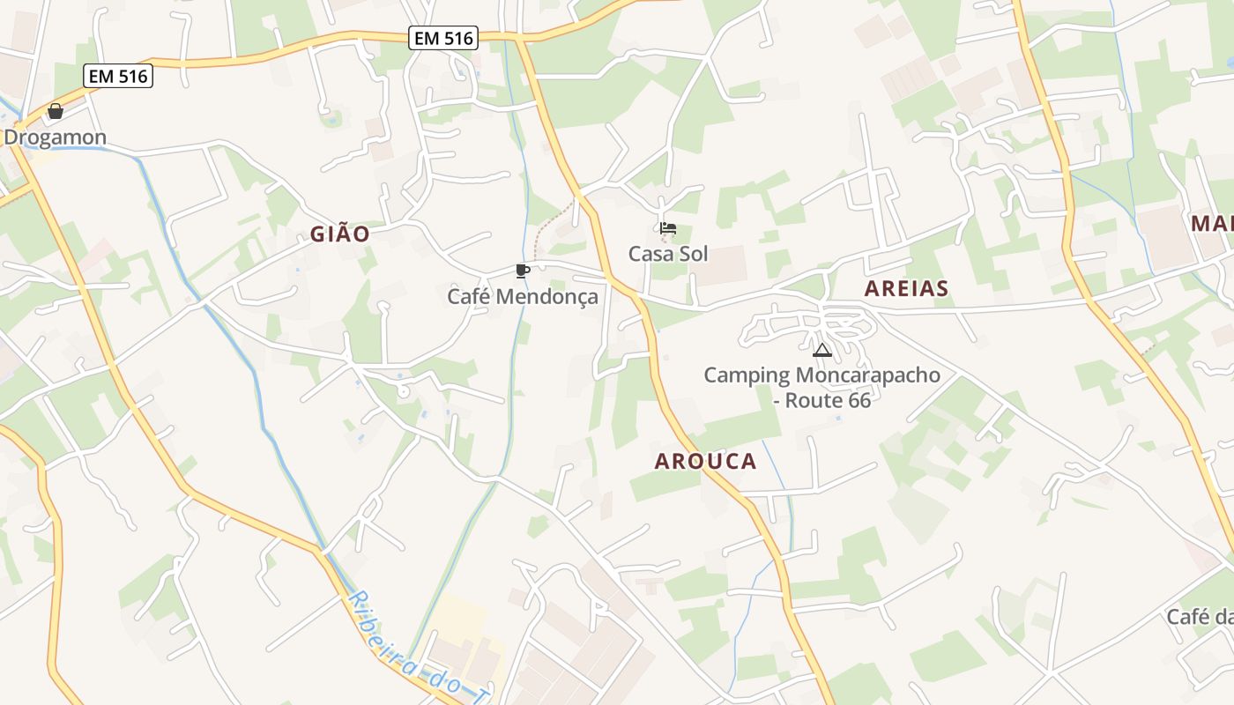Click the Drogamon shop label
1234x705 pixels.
pos(55,137)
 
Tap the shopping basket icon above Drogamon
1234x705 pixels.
pos(56,111)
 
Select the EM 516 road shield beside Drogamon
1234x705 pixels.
pos(119,76)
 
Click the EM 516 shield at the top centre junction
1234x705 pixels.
pos(443,38)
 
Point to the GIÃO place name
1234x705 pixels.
pos(339,234)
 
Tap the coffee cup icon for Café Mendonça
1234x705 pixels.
pos(523,271)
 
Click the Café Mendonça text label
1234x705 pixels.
pos(523,296)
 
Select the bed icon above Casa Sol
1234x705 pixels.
pos(668,229)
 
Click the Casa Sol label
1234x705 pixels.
pos(668,254)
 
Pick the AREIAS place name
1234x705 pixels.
pos(906,288)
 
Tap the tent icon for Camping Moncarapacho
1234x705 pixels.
pos(822,350)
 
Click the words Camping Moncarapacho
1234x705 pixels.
pos(821,375)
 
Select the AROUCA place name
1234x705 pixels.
pos(705,461)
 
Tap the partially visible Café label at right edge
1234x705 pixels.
pos(1200,617)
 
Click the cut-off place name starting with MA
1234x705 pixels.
pos(1211,223)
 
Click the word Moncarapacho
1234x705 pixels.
pos(867,375)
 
